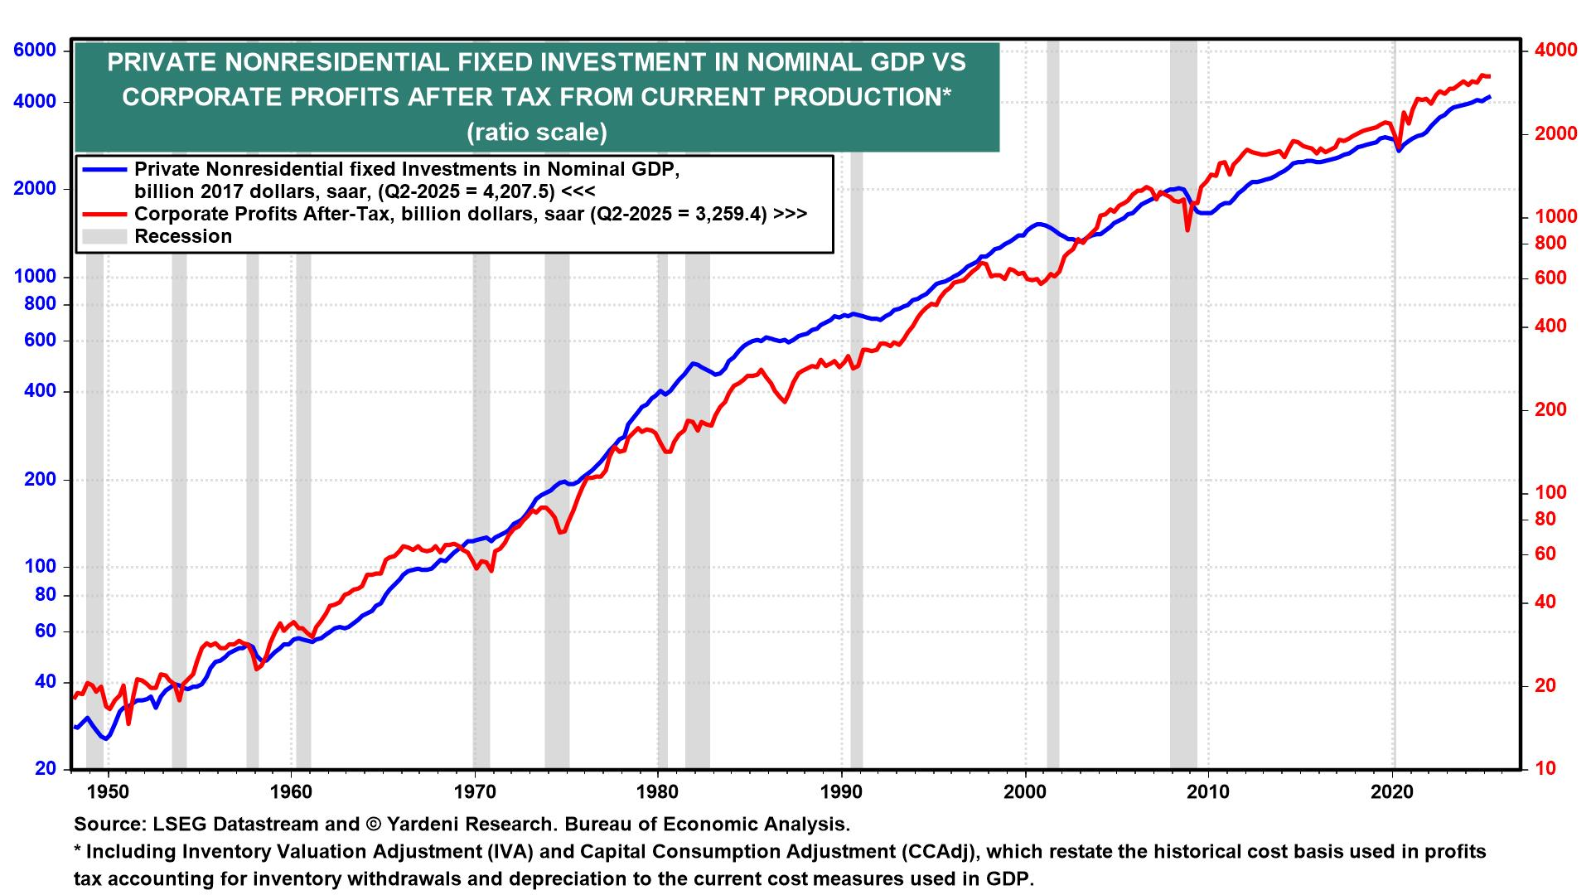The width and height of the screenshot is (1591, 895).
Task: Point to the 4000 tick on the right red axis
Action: tap(1555, 51)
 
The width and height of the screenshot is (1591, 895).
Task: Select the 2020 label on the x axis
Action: tap(1393, 791)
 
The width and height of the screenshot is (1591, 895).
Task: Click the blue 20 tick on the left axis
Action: tap(45, 769)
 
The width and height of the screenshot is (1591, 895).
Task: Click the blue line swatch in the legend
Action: tap(104, 170)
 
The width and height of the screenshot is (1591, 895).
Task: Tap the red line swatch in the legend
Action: tap(104, 214)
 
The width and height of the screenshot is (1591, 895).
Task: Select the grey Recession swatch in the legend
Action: tap(104, 237)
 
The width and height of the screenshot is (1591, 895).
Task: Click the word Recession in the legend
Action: tap(183, 237)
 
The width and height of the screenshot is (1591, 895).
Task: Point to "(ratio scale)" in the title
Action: tap(536, 133)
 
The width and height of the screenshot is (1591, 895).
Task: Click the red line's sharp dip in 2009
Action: tap(1187, 229)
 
